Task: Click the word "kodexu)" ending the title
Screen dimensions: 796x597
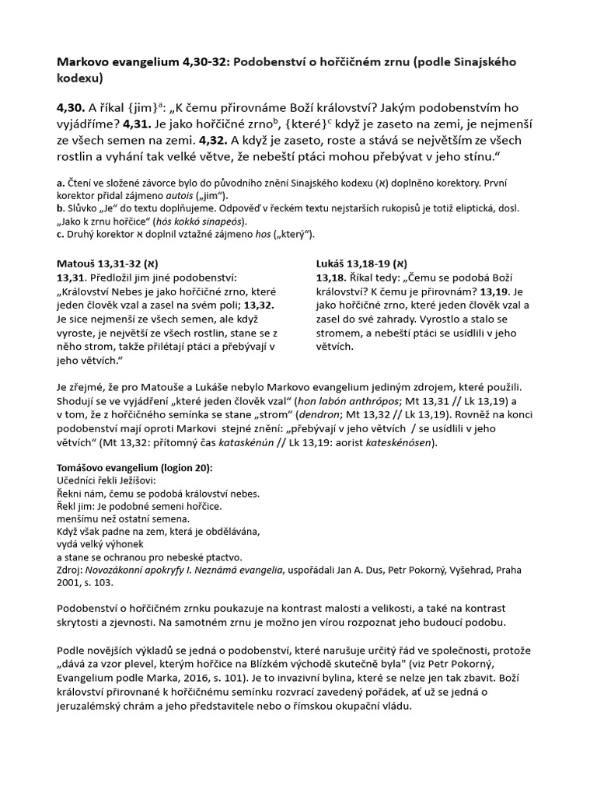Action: point(80,79)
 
